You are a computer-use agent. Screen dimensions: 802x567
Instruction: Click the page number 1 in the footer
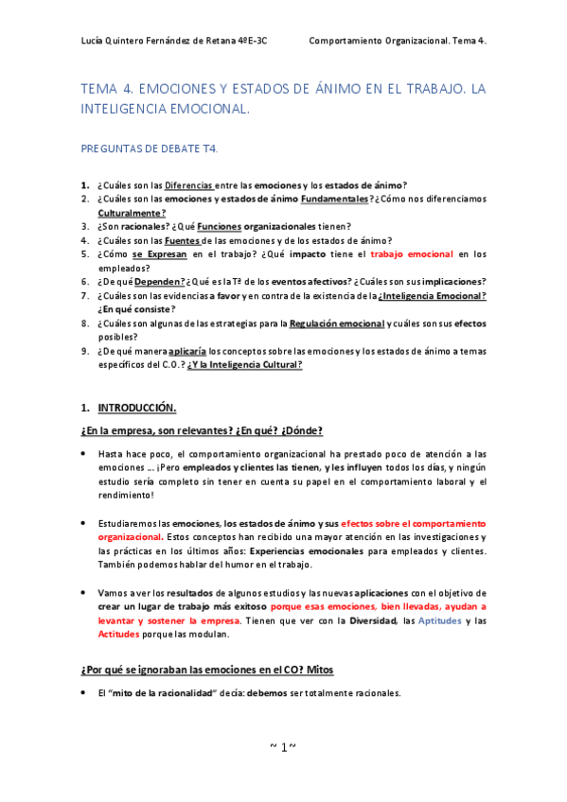283,747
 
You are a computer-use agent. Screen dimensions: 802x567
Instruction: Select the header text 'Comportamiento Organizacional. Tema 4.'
398,42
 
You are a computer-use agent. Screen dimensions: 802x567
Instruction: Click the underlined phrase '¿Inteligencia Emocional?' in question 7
432,295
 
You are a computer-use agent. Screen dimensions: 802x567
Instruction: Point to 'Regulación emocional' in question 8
336,323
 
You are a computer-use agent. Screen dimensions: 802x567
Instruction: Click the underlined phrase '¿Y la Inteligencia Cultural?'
244,364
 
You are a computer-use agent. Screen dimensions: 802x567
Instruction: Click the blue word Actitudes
118,635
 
